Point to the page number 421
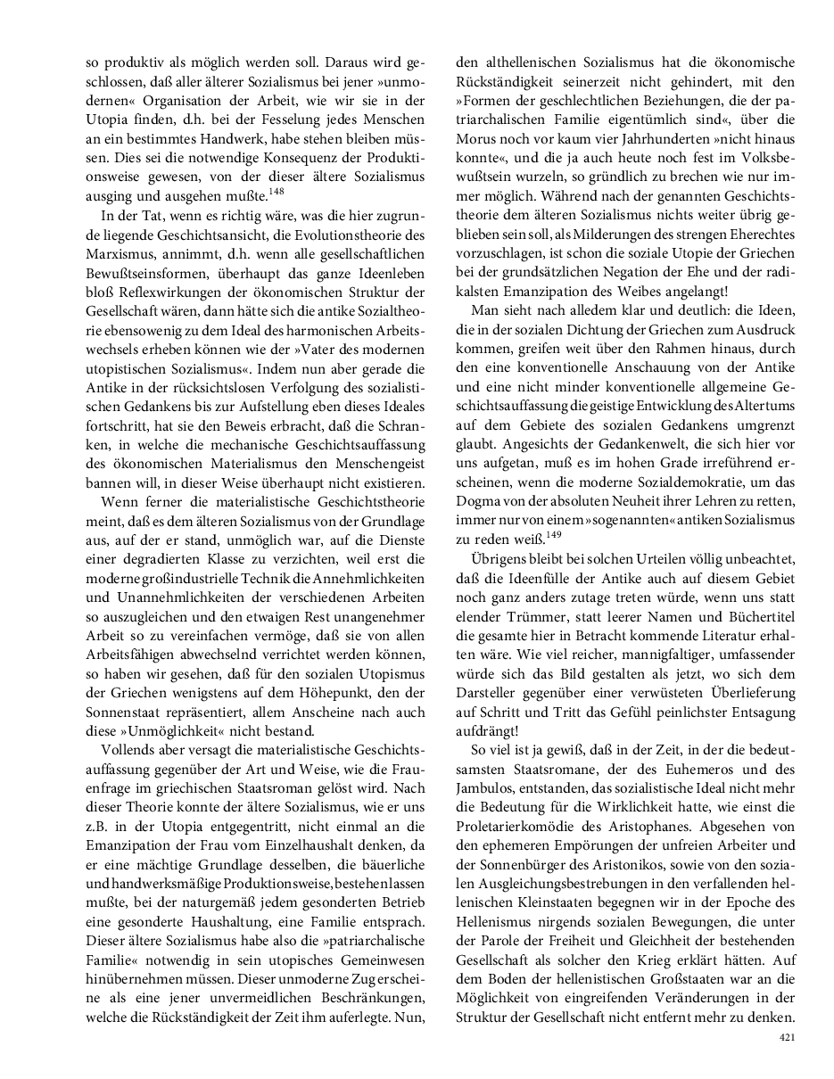pyautogui.click(x=787, y=1037)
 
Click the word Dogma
pyautogui.click(x=476, y=501)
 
